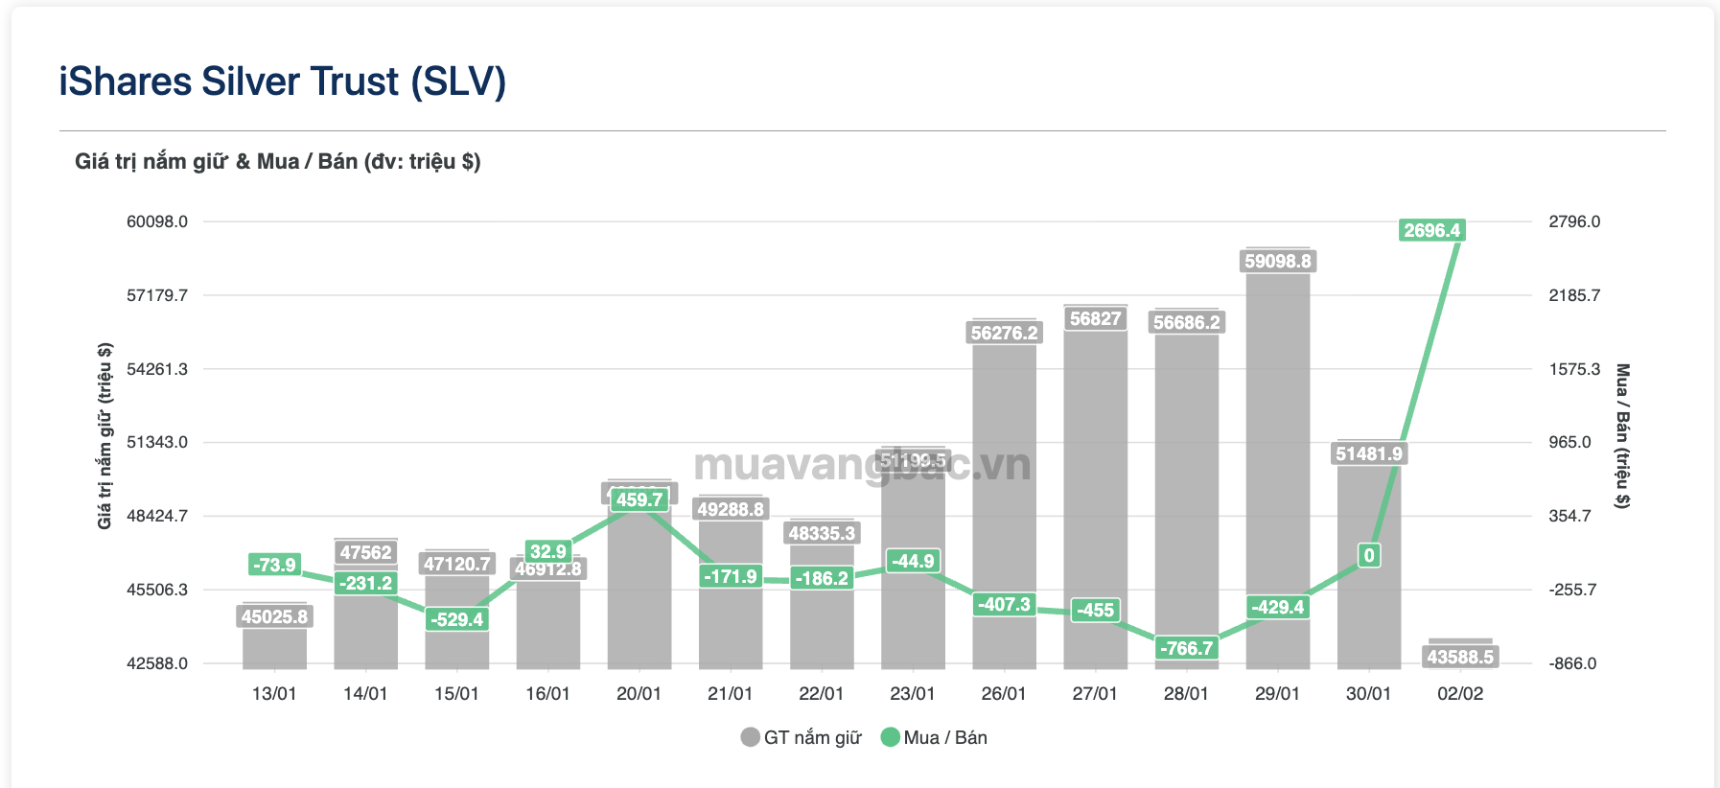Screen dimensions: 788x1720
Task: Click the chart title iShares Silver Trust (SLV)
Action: click(282, 81)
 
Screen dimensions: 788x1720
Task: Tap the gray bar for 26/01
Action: click(1004, 479)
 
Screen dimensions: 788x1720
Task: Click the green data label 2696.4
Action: click(1431, 230)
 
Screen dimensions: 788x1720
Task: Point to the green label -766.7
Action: click(1186, 648)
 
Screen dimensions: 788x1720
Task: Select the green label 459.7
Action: click(639, 499)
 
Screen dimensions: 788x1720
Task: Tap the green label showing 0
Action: click(1369, 555)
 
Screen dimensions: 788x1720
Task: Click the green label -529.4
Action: click(456, 619)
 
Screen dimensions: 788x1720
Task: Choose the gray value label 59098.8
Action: click(1277, 261)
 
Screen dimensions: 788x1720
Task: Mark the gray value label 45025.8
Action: click(274, 616)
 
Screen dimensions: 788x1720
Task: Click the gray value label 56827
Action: click(1095, 318)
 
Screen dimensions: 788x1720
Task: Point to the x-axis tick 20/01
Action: click(639, 693)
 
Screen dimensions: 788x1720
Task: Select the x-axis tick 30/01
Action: click(1368, 693)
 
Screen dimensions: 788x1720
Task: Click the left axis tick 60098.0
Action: click(157, 221)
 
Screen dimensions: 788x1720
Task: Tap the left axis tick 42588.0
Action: click(157, 663)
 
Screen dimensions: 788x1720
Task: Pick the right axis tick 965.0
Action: click(1569, 442)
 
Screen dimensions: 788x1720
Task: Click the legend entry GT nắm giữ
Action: click(802, 737)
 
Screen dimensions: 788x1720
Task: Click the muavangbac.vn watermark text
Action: click(861, 465)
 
